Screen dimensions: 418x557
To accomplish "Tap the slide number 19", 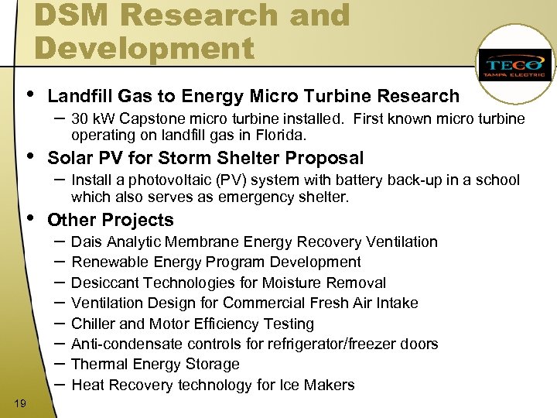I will (x=20, y=403).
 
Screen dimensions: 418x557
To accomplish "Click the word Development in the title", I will (x=144, y=48).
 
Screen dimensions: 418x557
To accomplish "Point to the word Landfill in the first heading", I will (x=80, y=96).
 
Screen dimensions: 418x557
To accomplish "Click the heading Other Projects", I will (x=111, y=220).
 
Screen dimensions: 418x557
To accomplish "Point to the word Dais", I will (x=87, y=242).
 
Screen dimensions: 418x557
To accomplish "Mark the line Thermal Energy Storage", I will (x=155, y=364).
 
